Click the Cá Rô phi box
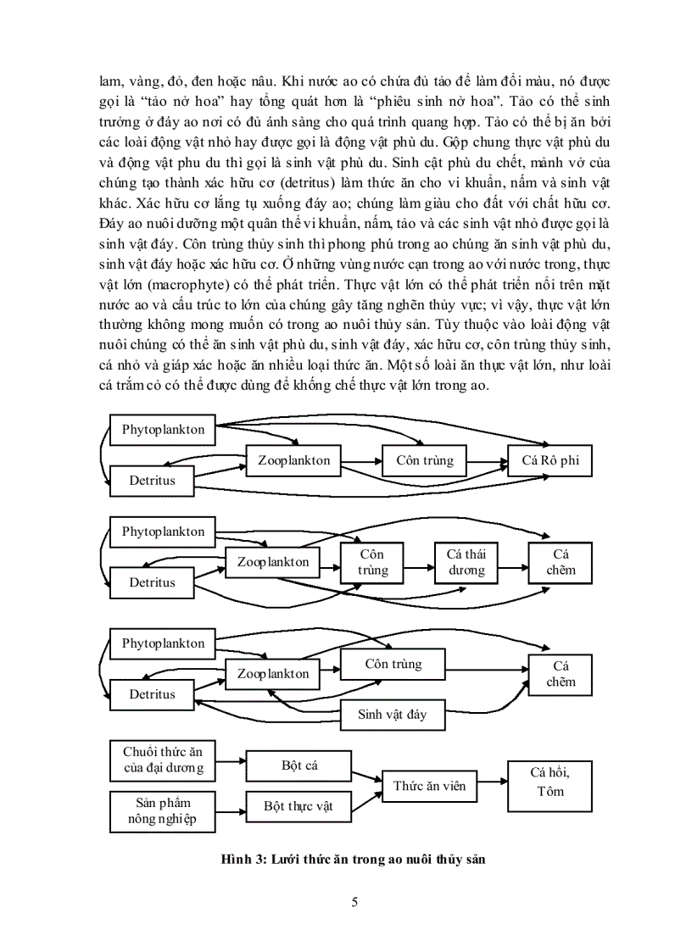pyautogui.click(x=550, y=461)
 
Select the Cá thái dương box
pyautogui.click(x=466, y=561)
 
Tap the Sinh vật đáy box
pyautogui.click(x=392, y=714)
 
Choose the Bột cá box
pyautogui.click(x=299, y=765)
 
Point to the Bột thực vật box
pyautogui.click(x=299, y=806)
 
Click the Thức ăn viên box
pyautogui.click(x=429, y=786)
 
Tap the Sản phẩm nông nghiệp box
pyautogui.click(x=162, y=810)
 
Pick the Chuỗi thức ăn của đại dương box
pyautogui.click(x=162, y=760)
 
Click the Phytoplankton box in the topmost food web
pyautogui.click(x=163, y=430)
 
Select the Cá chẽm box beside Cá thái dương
pyautogui.click(x=560, y=561)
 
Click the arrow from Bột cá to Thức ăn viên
pyautogui.click(x=366, y=775)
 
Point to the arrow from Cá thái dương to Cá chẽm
pyautogui.click(x=513, y=561)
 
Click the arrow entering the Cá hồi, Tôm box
pyautogui.click(x=491, y=784)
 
